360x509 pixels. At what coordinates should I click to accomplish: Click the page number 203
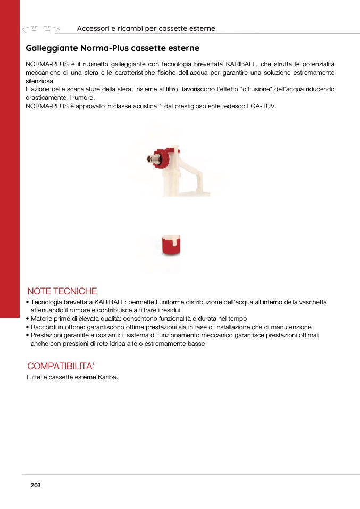[36, 485]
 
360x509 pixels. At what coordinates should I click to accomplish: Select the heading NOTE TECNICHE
[62, 291]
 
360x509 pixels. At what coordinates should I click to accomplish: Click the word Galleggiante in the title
[52, 48]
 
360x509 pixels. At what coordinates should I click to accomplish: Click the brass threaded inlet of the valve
[152, 158]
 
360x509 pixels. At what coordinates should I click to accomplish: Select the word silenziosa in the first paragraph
[40, 81]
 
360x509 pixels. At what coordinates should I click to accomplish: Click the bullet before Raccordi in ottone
[27, 327]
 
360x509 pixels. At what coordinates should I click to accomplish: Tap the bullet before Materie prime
[27, 319]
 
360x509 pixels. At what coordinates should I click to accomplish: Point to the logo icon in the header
[40, 28]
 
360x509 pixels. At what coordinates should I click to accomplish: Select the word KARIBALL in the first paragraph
[240, 64]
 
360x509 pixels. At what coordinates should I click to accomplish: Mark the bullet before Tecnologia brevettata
[27, 302]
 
